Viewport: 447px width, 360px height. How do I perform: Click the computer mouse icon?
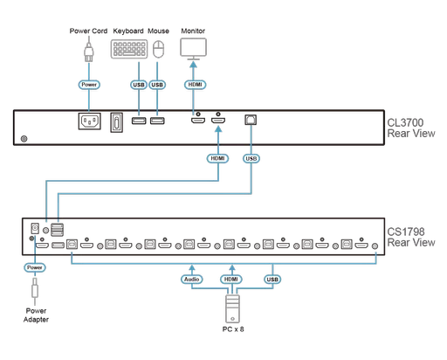[x=158, y=51]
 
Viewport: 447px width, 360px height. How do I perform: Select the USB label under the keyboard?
[x=136, y=85]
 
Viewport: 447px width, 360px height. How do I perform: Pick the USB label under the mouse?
[x=157, y=85]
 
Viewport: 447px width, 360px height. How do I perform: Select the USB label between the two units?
[x=251, y=158]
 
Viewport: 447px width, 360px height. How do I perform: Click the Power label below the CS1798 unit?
[x=34, y=267]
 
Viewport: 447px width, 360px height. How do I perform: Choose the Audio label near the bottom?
[x=192, y=280]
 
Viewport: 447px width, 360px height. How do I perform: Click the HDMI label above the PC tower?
[x=231, y=280]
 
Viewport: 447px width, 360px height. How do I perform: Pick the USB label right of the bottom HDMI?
[x=272, y=280]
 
